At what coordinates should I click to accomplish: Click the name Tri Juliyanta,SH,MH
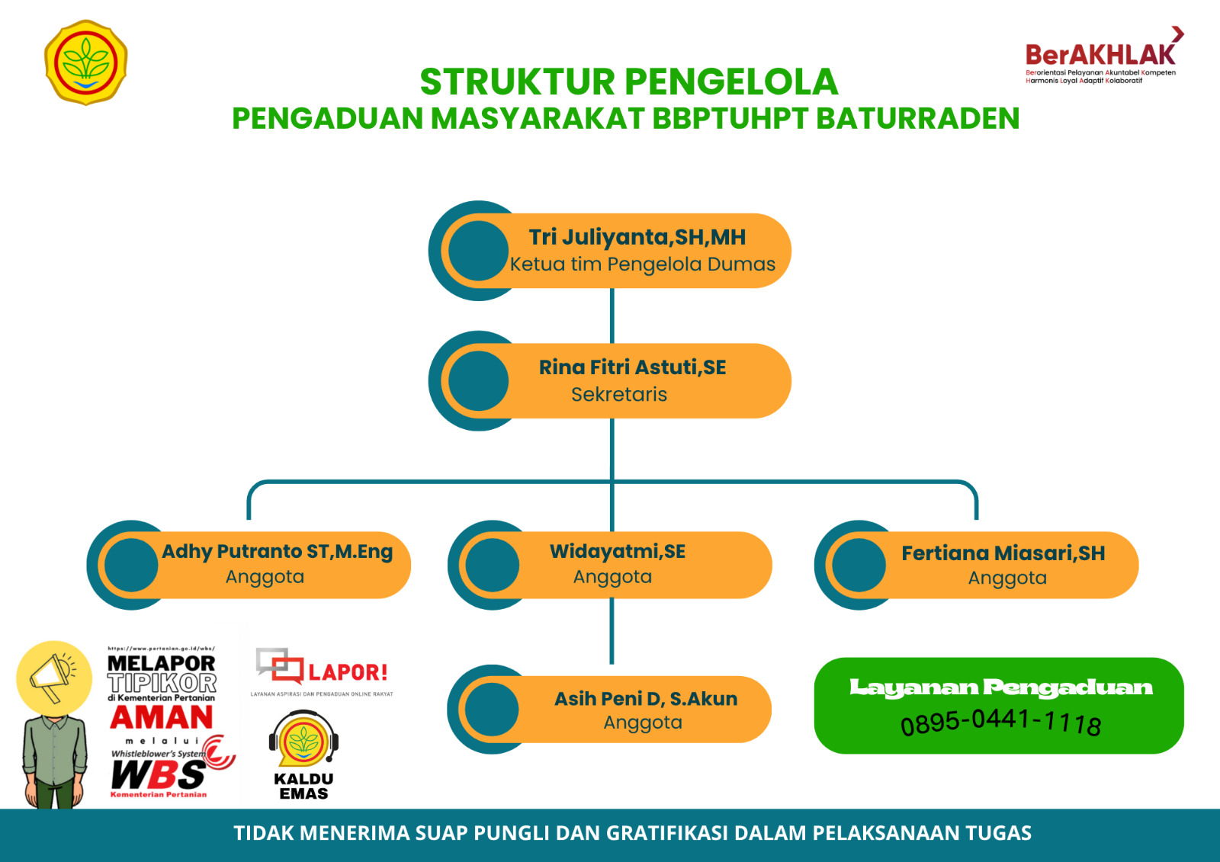pyautogui.click(x=637, y=238)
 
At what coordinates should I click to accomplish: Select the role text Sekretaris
pyautogui.click(x=618, y=395)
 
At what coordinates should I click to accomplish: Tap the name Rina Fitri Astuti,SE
pyautogui.click(x=632, y=367)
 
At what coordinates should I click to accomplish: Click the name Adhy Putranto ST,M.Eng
pyautogui.click(x=277, y=552)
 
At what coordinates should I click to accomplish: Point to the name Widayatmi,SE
pyautogui.click(x=618, y=551)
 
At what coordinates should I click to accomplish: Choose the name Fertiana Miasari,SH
pyautogui.click(x=1003, y=553)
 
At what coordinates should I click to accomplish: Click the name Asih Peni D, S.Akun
pyautogui.click(x=646, y=699)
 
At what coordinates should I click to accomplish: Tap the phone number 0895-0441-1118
pyautogui.click(x=1000, y=722)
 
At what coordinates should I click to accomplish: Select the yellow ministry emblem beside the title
pyautogui.click(x=86, y=62)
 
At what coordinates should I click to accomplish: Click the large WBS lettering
pyautogui.click(x=158, y=775)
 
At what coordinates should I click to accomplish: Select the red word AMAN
pyautogui.click(x=162, y=718)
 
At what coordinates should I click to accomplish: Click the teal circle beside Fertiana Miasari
pyautogui.click(x=859, y=566)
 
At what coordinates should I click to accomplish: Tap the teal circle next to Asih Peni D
pyautogui.click(x=492, y=710)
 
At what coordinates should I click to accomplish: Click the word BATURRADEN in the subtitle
pyautogui.click(x=917, y=119)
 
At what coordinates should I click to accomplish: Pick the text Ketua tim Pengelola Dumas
pyautogui.click(x=642, y=264)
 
